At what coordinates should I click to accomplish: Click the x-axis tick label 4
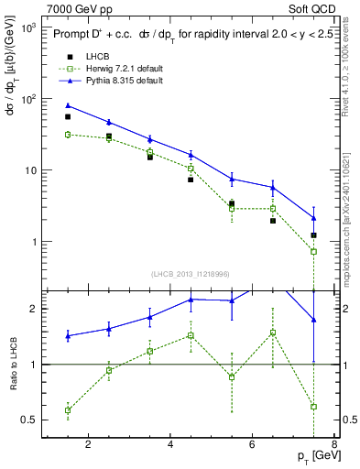coord(171,445)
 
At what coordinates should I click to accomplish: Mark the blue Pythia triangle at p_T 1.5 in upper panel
coord(68,105)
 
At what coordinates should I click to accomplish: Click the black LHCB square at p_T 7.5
coord(314,235)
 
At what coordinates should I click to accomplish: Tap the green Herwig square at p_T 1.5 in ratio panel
coord(68,409)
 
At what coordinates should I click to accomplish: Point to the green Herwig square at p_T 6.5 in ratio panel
coord(273,333)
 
